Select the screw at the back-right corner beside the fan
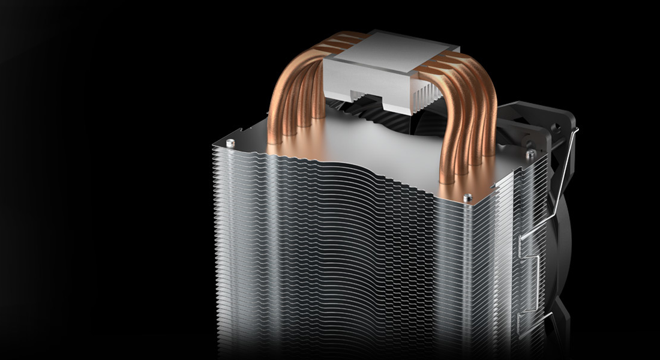[529, 154]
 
